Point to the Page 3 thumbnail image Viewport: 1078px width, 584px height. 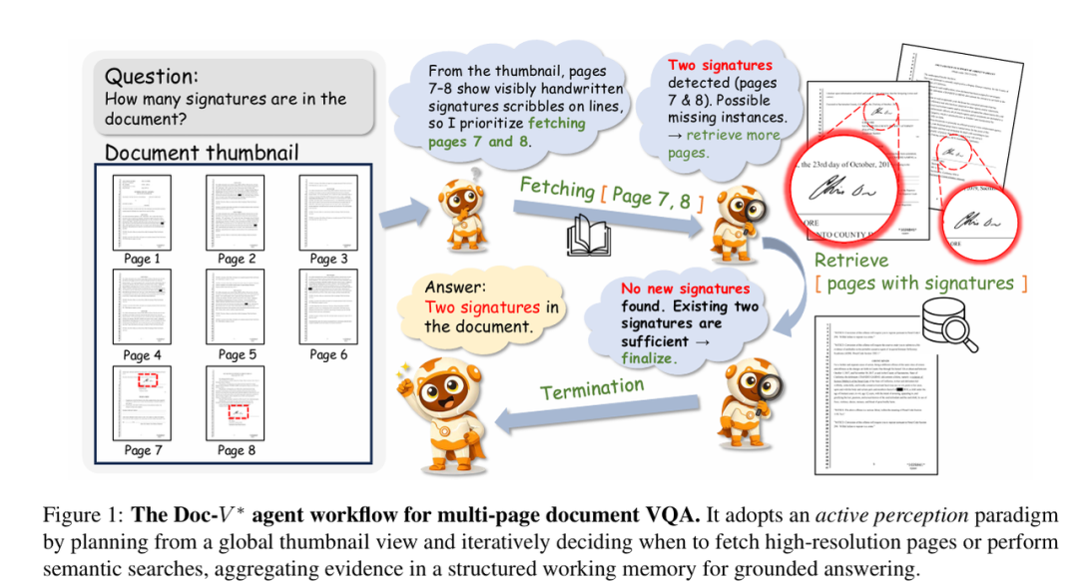click(x=327, y=212)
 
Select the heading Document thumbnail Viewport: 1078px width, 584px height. click(x=202, y=153)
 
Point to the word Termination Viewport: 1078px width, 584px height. click(x=593, y=385)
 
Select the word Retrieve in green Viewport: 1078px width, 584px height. click(x=850, y=262)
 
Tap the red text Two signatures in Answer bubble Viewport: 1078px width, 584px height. click(x=482, y=307)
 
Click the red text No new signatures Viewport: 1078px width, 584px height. click(x=685, y=289)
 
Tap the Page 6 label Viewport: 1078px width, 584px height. click(x=328, y=354)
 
